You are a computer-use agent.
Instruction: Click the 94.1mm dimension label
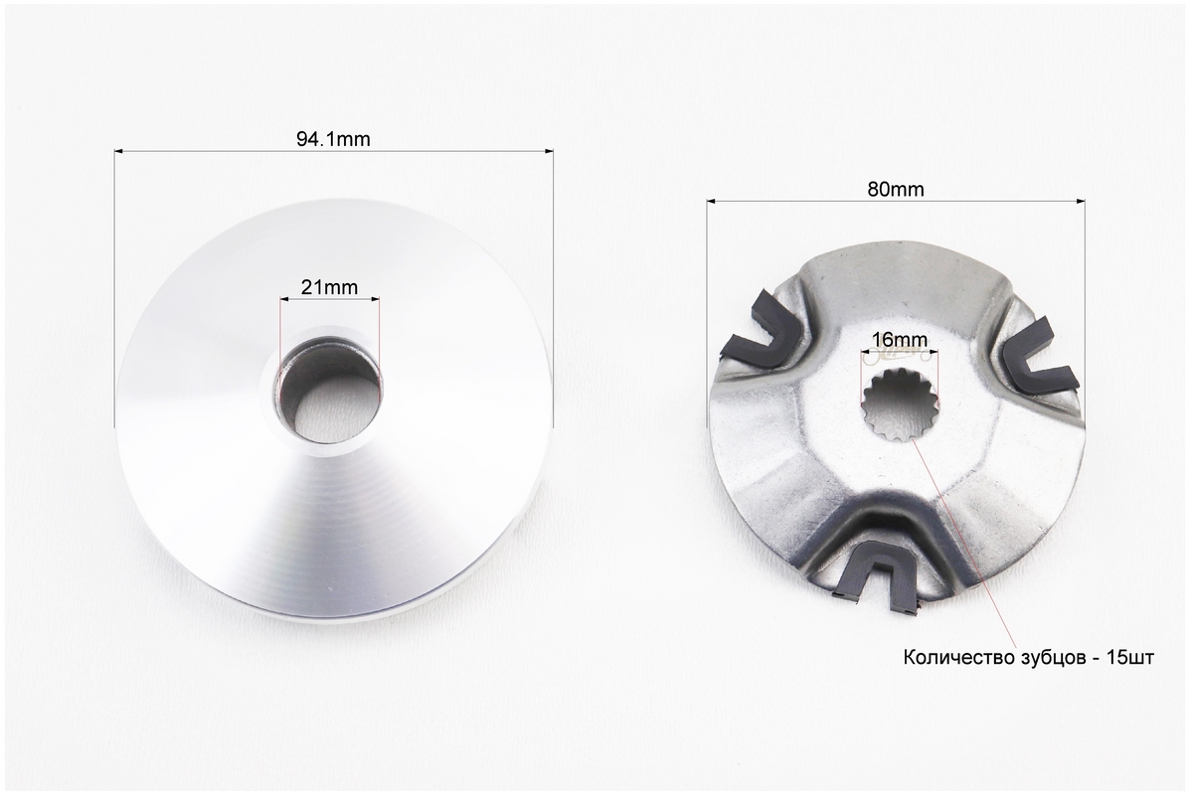click(x=333, y=139)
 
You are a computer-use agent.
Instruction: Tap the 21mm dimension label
click(x=329, y=287)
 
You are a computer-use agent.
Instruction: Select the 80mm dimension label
click(x=896, y=190)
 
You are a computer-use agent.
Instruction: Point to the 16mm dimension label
click(x=900, y=340)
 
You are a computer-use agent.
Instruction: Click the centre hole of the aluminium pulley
click(x=328, y=394)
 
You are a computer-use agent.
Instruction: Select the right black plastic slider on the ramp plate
click(x=1035, y=355)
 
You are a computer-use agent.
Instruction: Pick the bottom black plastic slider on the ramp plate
click(x=881, y=576)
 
